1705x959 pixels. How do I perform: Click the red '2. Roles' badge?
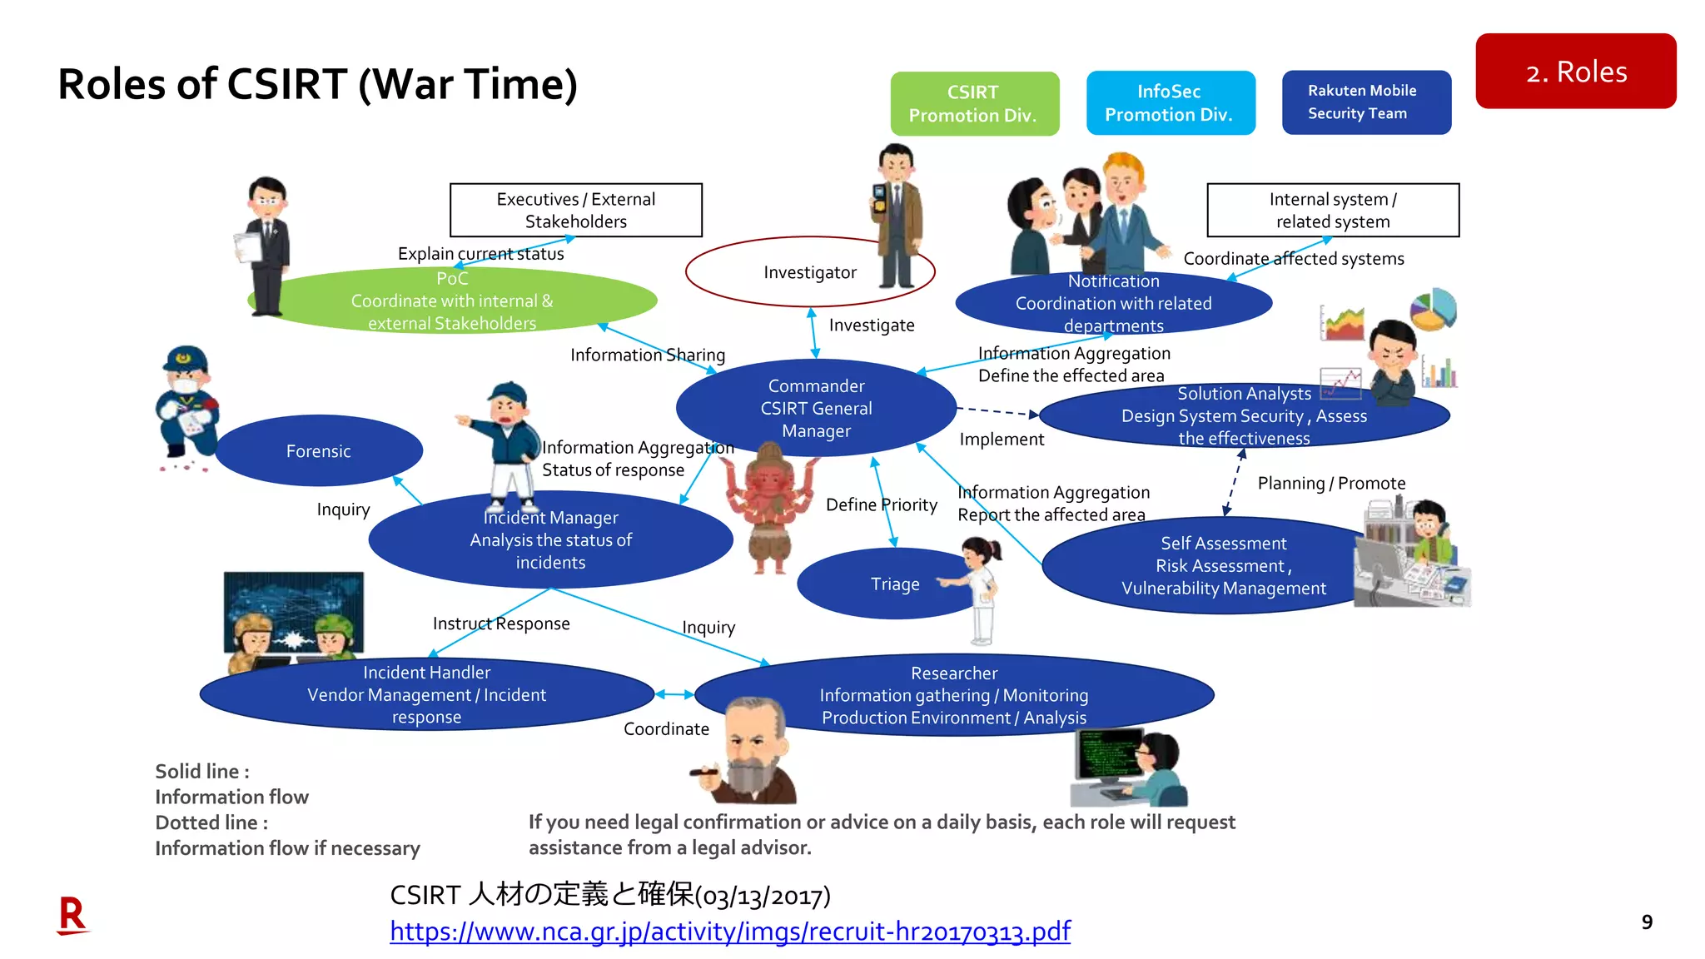(1575, 72)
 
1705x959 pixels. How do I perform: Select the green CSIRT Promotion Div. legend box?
(974, 104)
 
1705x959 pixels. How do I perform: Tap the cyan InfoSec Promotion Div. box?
(1170, 103)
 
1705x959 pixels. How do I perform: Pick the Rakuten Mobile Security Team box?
(1365, 102)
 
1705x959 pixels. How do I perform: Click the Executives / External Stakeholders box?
(575, 210)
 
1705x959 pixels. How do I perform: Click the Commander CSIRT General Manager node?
(816, 408)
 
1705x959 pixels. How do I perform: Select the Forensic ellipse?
(318, 451)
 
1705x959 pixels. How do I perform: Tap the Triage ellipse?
(882, 584)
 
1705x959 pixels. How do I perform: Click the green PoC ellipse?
(452, 301)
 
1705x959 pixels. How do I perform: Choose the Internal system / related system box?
(1332, 210)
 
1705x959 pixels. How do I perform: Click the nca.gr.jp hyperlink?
(729, 931)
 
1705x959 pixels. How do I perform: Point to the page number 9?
(1646, 922)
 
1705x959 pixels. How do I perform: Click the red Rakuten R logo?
(72, 915)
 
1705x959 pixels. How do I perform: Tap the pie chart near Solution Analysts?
(1433, 310)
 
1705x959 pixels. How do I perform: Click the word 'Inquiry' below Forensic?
(343, 509)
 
